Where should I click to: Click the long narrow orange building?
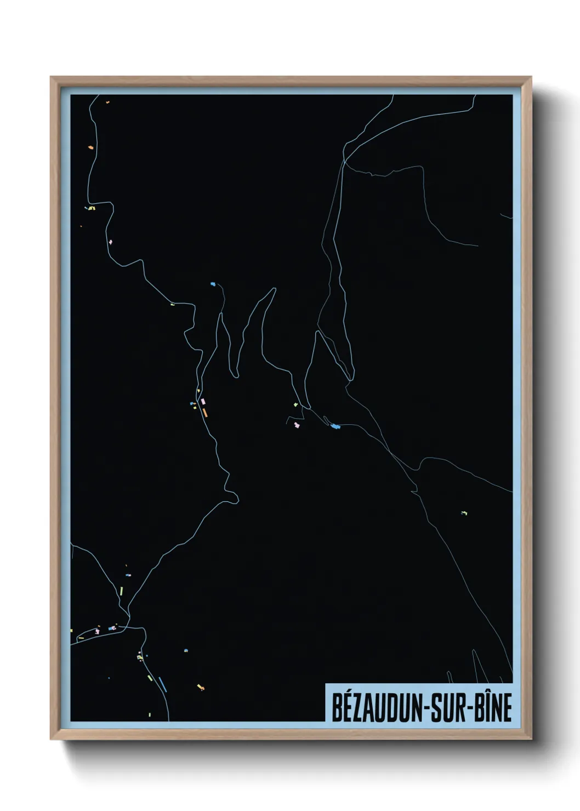pyautogui.click(x=205, y=412)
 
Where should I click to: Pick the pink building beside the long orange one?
pyautogui.click(x=203, y=402)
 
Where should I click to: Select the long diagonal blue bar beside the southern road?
pyautogui.click(x=162, y=684)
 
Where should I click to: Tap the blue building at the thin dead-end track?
pyautogui.click(x=213, y=284)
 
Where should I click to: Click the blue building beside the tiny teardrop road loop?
pyautogui.click(x=335, y=426)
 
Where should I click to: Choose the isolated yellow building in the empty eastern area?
pyautogui.click(x=464, y=513)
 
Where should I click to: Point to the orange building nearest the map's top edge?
pyautogui.click(x=107, y=102)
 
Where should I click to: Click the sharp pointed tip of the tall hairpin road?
pyautogui.click(x=275, y=289)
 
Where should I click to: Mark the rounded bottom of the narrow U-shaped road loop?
pyautogui.click(x=236, y=375)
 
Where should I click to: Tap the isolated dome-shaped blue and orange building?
pyautogui.click(x=186, y=650)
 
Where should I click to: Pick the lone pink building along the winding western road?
pyautogui.click(x=111, y=242)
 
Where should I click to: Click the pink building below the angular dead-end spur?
pyautogui.click(x=298, y=425)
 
